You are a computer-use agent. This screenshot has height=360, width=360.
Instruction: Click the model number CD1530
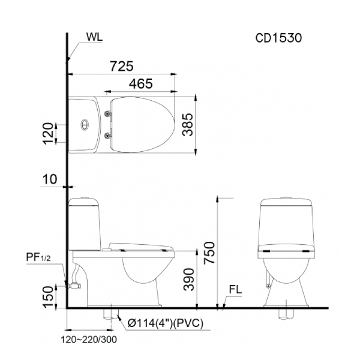[278, 38]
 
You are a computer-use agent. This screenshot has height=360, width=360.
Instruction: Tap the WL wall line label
[94, 37]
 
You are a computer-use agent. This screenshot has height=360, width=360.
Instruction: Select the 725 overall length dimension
[121, 66]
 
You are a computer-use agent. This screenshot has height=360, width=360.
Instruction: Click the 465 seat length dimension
[140, 83]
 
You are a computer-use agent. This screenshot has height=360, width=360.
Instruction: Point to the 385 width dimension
[188, 125]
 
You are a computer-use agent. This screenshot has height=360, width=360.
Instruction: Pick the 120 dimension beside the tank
[48, 134]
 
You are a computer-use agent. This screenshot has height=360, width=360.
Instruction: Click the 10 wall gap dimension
[49, 179]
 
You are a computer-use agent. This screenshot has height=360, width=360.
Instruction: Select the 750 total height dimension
[210, 253]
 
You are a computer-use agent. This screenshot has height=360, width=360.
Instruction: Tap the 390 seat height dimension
[189, 280]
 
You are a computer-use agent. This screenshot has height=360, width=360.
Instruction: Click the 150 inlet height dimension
[48, 297]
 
